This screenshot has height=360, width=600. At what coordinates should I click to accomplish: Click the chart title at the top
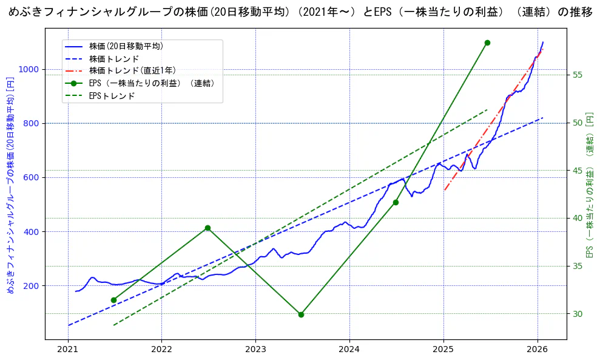(300, 13)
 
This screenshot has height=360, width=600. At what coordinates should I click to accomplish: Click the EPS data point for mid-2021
(113, 300)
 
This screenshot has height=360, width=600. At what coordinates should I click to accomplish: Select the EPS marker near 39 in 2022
(207, 228)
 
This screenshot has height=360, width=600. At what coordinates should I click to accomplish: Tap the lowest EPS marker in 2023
(301, 314)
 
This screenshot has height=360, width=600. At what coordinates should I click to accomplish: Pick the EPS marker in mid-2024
(396, 202)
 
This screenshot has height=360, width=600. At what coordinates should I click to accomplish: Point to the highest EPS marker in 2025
(487, 42)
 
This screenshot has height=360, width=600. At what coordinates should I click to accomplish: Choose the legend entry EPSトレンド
(112, 96)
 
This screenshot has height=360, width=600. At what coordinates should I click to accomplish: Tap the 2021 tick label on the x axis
(68, 350)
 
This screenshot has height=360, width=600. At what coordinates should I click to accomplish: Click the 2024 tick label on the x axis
(349, 350)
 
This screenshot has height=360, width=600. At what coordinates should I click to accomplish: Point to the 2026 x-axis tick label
(538, 350)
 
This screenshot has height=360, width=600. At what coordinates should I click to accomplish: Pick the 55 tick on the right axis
(577, 75)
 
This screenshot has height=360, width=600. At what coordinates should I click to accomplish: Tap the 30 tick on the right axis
(577, 314)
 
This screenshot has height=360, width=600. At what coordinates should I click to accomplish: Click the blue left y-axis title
(10, 185)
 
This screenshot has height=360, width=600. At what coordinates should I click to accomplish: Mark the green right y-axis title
(589, 185)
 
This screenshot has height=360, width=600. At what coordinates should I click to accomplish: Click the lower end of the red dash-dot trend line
(444, 191)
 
